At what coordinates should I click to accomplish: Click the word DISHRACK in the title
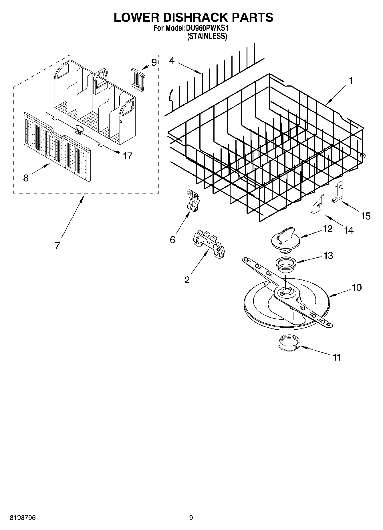click(x=194, y=17)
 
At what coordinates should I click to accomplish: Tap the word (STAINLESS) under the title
click(x=207, y=36)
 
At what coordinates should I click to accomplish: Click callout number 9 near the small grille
click(x=154, y=62)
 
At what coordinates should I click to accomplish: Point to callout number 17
click(x=127, y=156)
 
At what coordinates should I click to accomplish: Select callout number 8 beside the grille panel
click(x=26, y=178)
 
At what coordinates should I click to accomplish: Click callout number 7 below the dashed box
click(x=57, y=245)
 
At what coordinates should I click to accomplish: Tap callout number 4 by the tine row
click(x=172, y=60)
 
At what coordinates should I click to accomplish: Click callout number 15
click(x=366, y=216)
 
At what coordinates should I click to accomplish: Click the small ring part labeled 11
click(x=289, y=343)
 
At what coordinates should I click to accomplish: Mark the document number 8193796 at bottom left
click(x=23, y=518)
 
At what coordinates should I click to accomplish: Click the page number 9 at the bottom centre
click(x=191, y=518)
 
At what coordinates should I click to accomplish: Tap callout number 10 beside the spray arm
click(x=357, y=287)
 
